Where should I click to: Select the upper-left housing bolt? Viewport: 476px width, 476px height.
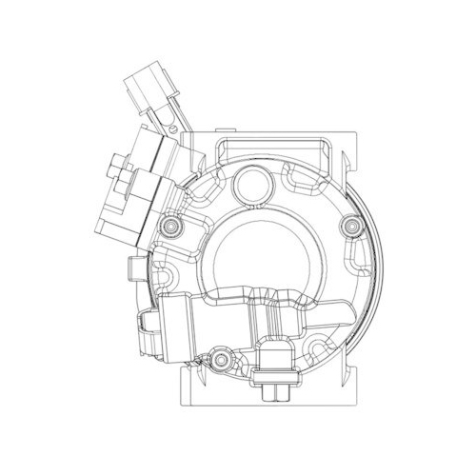coord(170,227)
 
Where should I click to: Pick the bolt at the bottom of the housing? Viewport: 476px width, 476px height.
coord(221,360)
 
